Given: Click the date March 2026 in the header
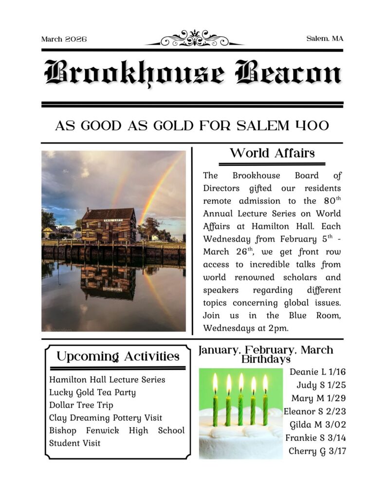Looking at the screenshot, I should coord(64,39).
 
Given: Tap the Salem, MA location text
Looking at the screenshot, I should coord(325,38).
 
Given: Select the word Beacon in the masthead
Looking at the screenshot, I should coord(288,73).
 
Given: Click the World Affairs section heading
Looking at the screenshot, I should coord(272,154).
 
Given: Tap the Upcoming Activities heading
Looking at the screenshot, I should coord(118,356).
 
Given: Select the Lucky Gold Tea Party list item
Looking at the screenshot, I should coord(92,392).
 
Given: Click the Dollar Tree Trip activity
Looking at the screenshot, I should coord(81,405).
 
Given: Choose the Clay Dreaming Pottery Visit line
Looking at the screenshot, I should coord(106,417).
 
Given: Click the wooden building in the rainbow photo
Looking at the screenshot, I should coord(109,224).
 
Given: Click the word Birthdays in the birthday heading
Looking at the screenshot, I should coord(266,359).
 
